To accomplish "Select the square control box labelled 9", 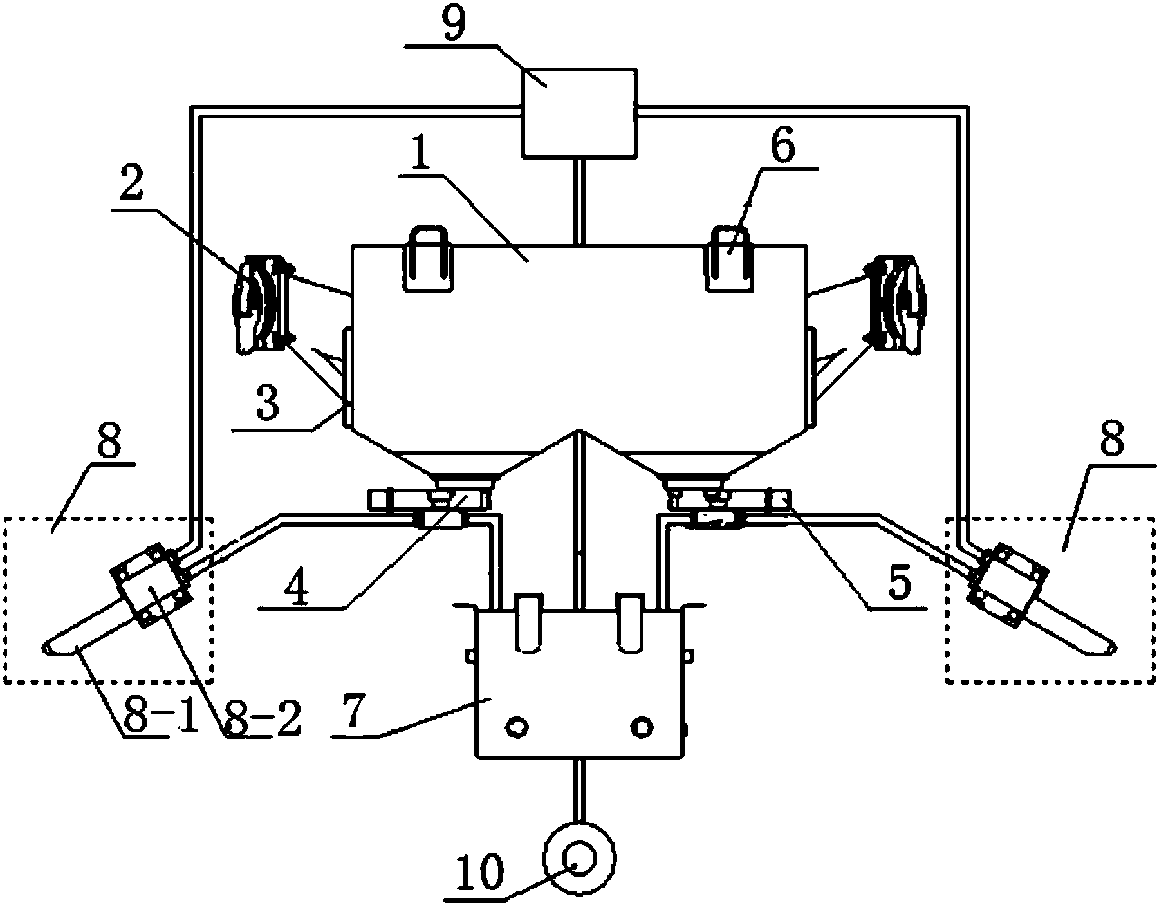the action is [579, 113].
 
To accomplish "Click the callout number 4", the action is [298, 584].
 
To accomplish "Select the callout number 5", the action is [899, 584].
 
